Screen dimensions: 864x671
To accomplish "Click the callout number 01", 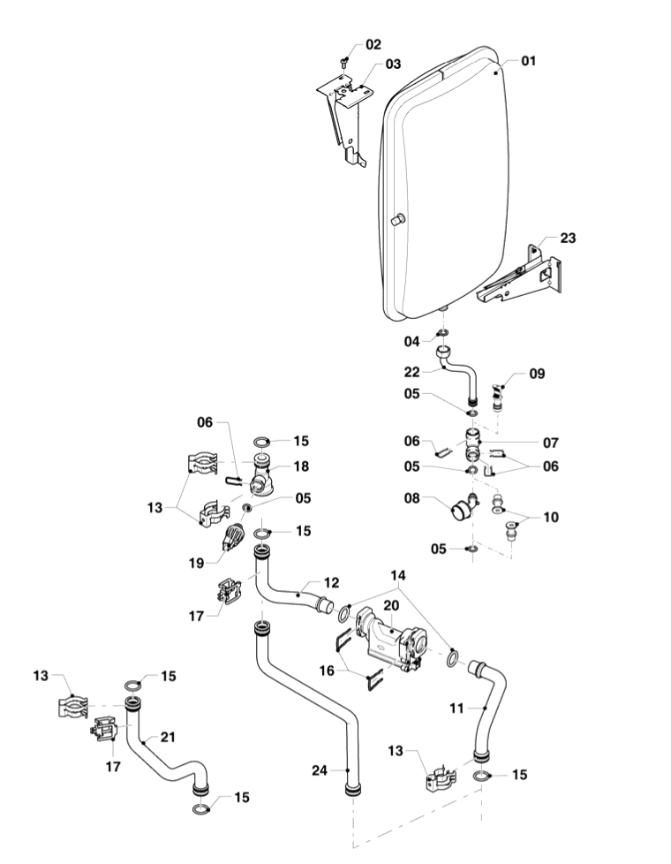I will (x=529, y=62).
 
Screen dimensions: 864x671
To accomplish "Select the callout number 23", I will (x=567, y=238).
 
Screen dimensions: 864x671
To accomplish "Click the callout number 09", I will (x=537, y=374).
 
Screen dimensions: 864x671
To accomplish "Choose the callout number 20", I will (x=392, y=607).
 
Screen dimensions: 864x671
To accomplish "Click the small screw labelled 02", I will (x=343, y=59).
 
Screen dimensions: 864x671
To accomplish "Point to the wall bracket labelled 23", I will (x=521, y=274).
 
